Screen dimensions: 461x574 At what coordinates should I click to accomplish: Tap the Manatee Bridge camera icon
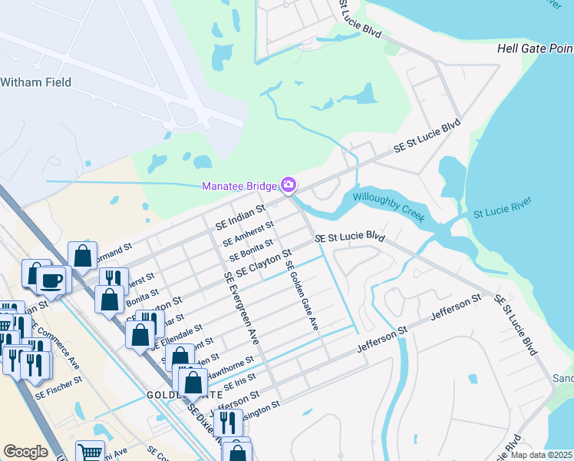coord(289,184)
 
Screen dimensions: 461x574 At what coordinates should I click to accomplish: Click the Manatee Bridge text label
coord(239,186)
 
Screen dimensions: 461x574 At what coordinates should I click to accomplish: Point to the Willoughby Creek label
coord(388,207)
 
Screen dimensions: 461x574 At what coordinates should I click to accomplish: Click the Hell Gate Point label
coord(535,48)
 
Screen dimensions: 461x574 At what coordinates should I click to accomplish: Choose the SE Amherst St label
coord(248,234)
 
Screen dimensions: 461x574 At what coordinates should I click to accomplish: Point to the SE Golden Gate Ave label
coord(302,297)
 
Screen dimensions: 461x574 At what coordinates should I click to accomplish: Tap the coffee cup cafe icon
coord(52,280)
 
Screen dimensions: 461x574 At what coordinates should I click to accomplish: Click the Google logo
coord(25,452)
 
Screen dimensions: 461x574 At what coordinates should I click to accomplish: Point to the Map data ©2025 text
coord(542,455)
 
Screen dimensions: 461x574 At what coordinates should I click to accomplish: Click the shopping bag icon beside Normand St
coord(82,256)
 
